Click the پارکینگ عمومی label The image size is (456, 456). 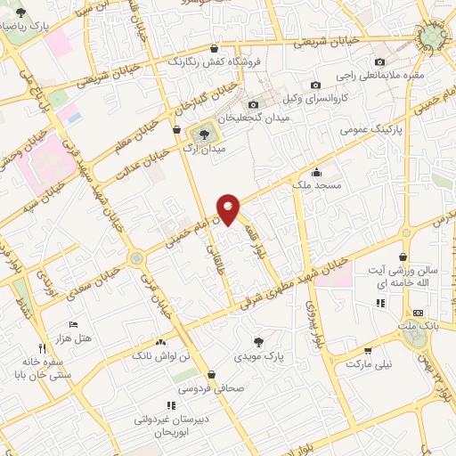pyautogui.click(x=372, y=130)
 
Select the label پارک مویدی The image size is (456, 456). pyautogui.click(x=259, y=356)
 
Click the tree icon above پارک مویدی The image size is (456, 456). pyautogui.click(x=258, y=340)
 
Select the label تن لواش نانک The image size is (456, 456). pyautogui.click(x=160, y=356)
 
